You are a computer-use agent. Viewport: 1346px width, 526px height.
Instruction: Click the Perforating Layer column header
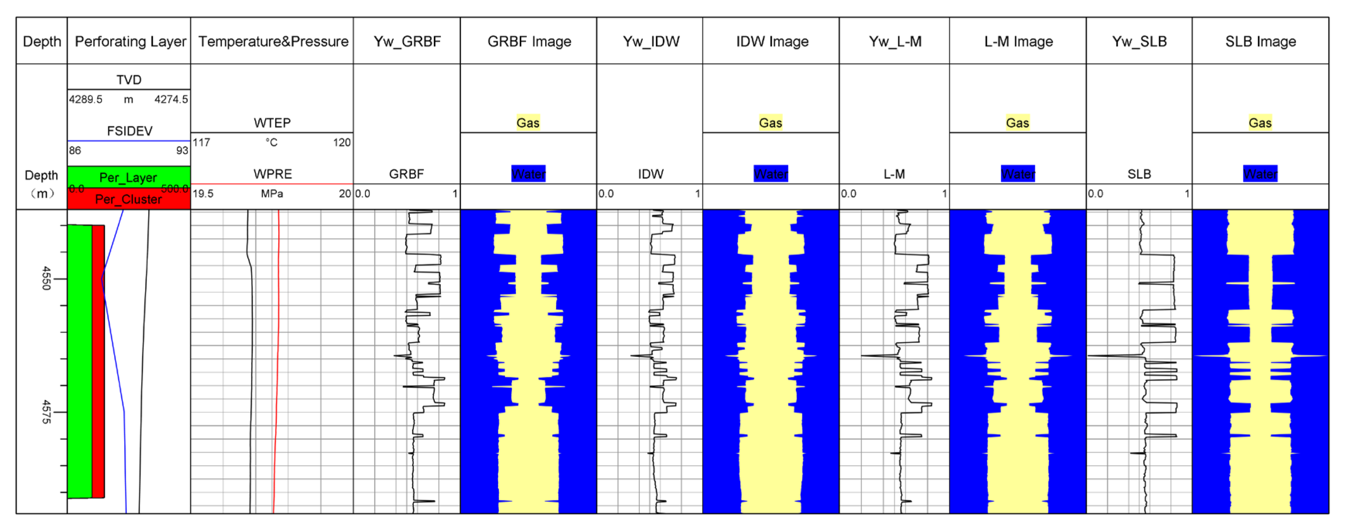(x=130, y=41)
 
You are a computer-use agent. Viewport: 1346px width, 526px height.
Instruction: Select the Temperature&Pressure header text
(x=273, y=41)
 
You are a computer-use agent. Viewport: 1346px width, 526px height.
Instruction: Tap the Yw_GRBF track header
(x=407, y=41)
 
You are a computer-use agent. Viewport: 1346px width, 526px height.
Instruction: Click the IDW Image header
(x=772, y=41)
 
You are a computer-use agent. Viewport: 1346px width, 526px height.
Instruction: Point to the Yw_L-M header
(x=894, y=41)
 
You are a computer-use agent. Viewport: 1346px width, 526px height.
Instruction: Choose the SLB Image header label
(x=1260, y=41)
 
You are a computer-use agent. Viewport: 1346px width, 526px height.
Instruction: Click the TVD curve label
(x=128, y=79)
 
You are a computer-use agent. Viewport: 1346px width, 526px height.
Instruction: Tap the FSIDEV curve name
(x=130, y=131)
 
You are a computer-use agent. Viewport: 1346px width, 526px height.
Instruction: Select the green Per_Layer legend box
(x=128, y=177)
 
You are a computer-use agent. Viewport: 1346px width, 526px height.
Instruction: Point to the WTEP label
(x=272, y=123)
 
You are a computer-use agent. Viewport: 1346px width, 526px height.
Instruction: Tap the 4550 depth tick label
(x=46, y=278)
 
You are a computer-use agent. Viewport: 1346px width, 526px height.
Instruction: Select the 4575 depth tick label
(x=46, y=411)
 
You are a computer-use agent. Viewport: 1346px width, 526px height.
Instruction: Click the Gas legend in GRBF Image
(x=528, y=123)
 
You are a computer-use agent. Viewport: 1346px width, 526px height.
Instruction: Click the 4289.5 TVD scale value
(x=86, y=99)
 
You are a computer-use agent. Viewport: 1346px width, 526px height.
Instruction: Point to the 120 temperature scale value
(x=342, y=142)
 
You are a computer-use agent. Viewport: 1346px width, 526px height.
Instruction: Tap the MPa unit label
(x=272, y=193)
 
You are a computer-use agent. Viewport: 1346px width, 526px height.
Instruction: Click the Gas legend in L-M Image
(x=1017, y=123)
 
